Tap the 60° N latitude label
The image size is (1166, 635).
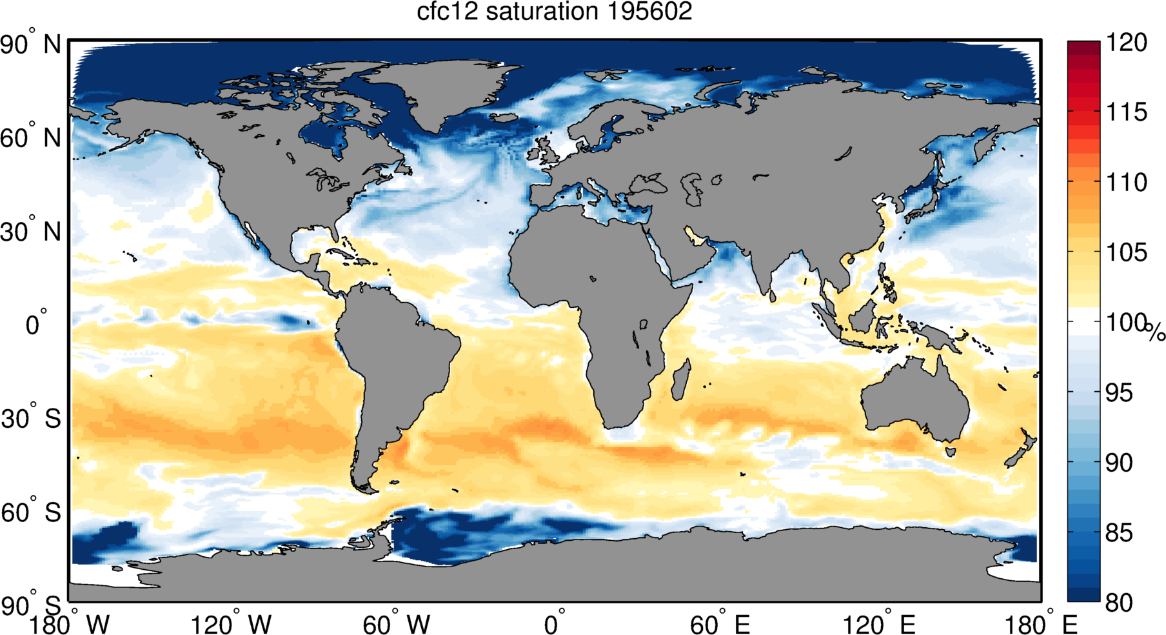pos(31,138)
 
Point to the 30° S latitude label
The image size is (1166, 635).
pos(31,419)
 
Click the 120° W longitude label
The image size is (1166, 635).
pos(232,624)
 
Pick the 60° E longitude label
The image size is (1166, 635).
pos(719,624)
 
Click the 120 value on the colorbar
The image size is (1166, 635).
pos(1127,43)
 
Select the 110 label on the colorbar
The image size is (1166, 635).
pos(1127,182)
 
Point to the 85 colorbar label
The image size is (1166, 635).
pos(1119,532)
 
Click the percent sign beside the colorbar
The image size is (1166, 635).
pos(1155,332)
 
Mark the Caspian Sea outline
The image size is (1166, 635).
pos(695,188)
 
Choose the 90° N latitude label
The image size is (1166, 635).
pos(31,45)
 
